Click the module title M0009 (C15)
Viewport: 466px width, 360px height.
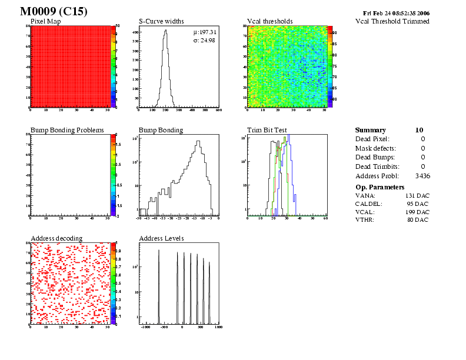coord(54,12)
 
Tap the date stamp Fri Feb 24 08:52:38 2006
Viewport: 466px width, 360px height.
coord(396,13)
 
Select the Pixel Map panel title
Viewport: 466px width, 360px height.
coord(49,21)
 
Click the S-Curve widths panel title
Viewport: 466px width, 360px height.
coord(161,21)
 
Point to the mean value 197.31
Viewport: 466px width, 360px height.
coord(207,32)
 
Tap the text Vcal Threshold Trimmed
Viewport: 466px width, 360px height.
coord(392,21)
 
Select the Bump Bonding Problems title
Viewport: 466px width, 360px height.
coord(67,130)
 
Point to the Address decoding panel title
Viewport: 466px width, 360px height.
coord(56,238)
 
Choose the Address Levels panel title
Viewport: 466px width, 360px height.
coord(161,238)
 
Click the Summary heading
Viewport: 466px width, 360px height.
coord(371,130)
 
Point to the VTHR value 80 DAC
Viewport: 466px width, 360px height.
coord(418,219)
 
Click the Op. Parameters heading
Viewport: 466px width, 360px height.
coord(380,186)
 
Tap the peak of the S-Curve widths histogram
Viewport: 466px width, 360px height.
coord(165,31)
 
